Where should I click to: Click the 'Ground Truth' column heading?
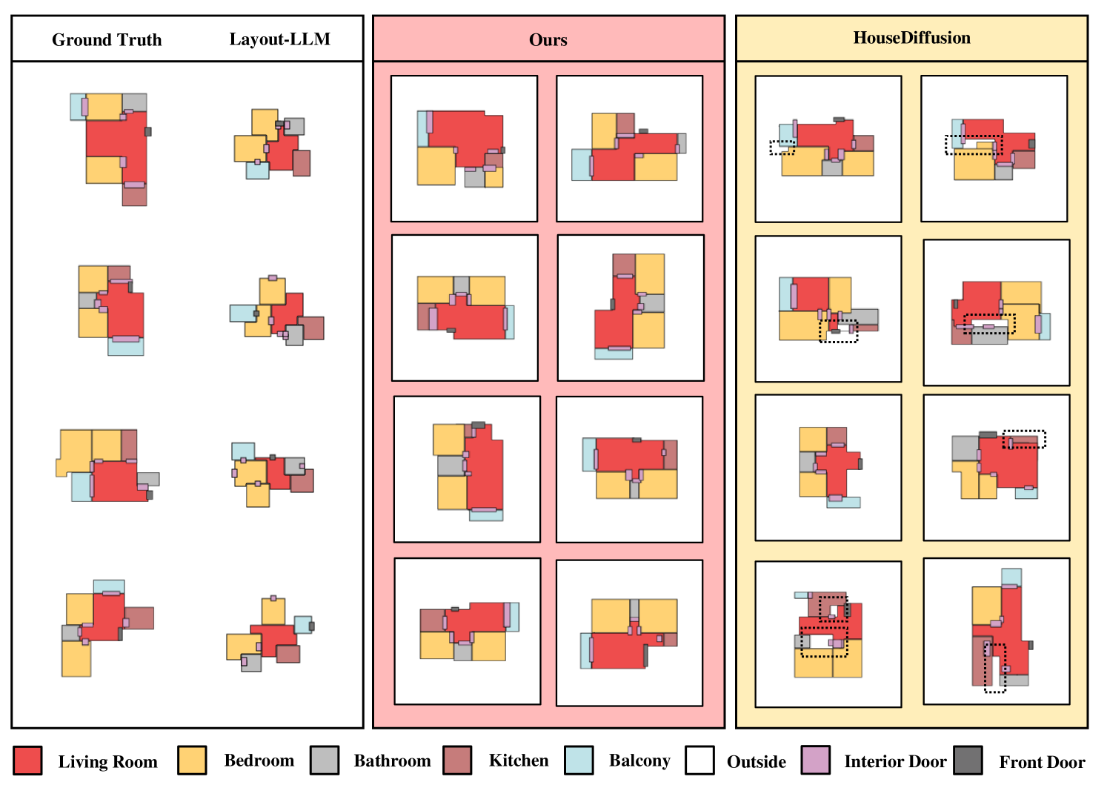pos(107,40)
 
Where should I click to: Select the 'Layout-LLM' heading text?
pos(279,39)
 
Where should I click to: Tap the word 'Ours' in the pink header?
pos(548,40)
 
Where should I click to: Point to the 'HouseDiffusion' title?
pos(911,38)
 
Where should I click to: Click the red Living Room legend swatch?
pos(27,761)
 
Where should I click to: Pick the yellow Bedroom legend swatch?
pos(192,761)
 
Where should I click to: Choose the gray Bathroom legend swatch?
pos(325,761)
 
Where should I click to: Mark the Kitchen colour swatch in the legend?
pos(457,761)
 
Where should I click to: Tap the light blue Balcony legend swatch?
pos(579,761)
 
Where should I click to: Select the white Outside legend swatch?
pos(699,761)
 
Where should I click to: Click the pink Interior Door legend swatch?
pos(816,761)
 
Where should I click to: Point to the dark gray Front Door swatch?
pos(968,761)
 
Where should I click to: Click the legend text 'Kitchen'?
pos(519,761)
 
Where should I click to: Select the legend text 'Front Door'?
pos(1042,762)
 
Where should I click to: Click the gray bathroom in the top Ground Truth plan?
pos(135,102)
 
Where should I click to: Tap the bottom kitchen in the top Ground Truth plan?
pos(134,196)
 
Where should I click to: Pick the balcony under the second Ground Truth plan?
pos(125,348)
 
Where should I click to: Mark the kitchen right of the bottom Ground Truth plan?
pos(139,617)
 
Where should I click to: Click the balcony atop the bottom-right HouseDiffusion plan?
pos(1011,577)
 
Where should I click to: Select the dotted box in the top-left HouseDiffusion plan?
pos(782,148)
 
